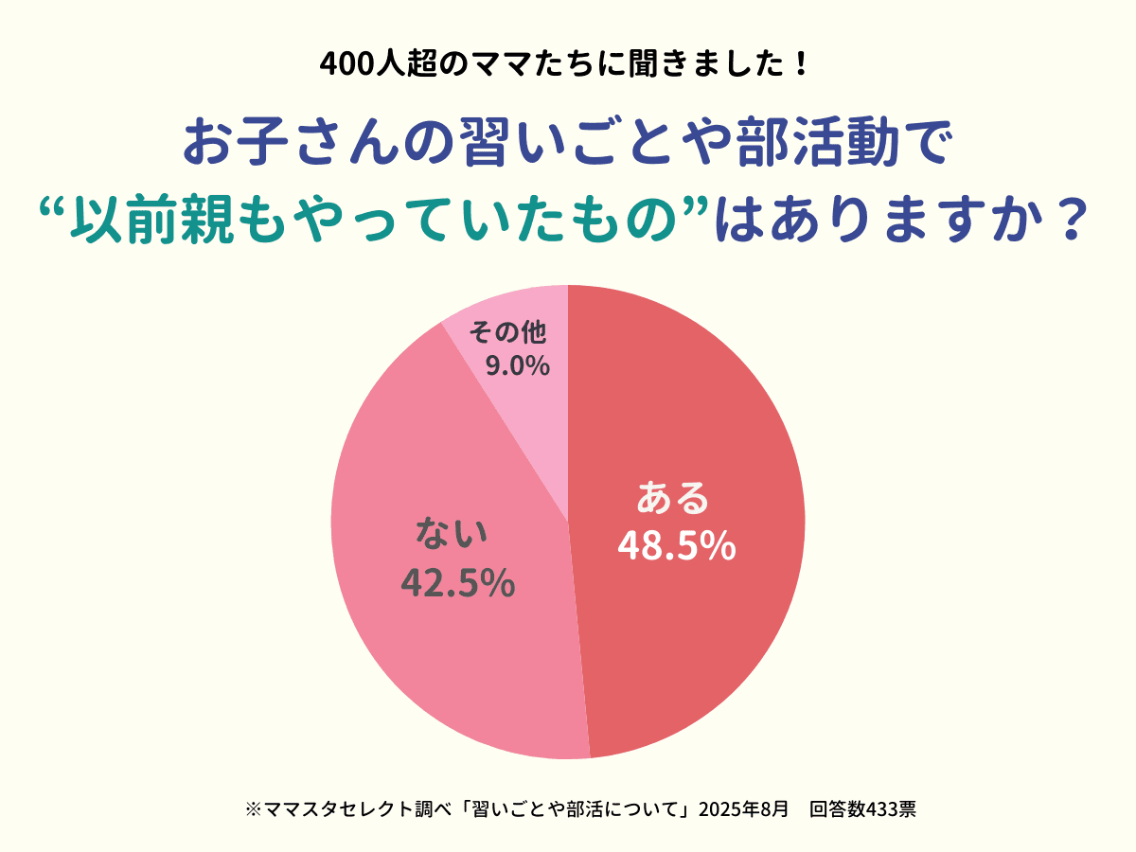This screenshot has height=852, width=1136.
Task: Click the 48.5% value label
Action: click(676, 545)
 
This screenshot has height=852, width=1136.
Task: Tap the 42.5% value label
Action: click(458, 582)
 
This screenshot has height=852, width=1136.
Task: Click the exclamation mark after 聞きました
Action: click(800, 64)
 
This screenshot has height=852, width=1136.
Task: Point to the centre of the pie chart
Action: click(568, 522)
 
